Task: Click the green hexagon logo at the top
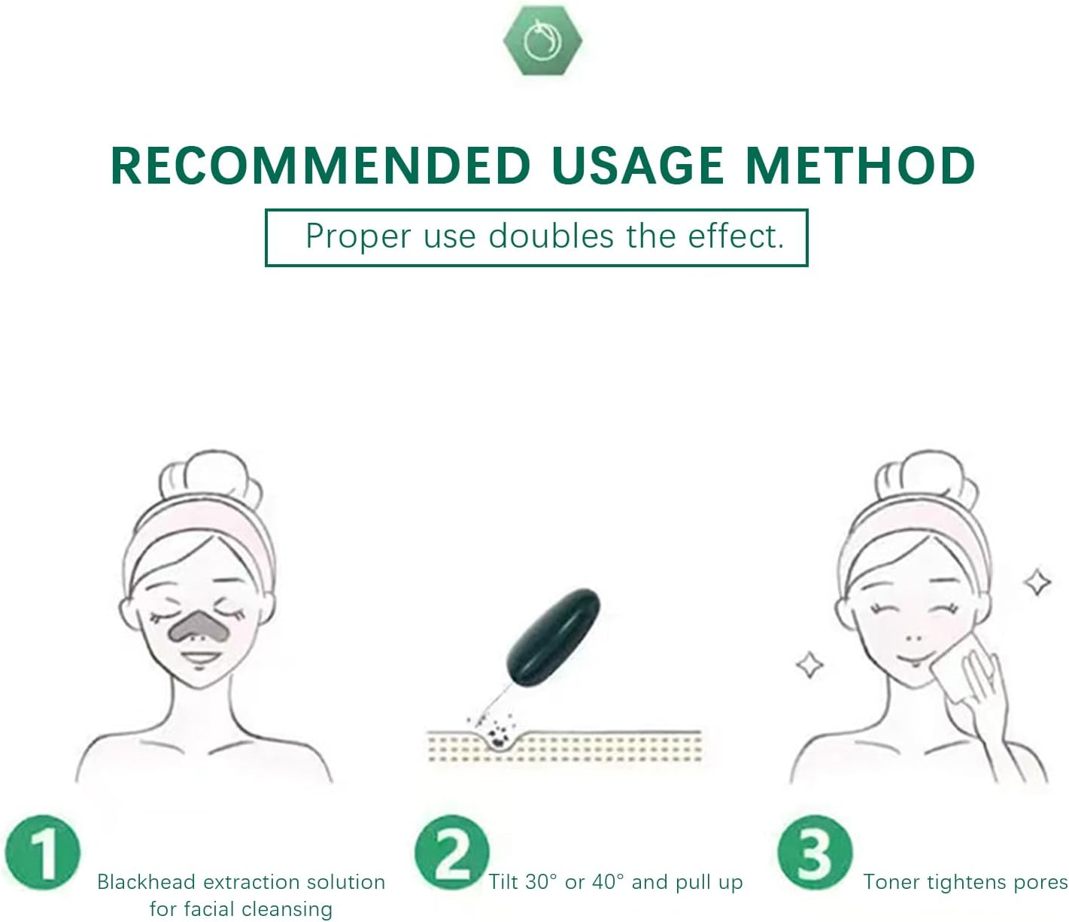pyautogui.click(x=542, y=41)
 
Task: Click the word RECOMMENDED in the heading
pyautogui.click(x=320, y=166)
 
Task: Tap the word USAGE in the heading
pyautogui.click(x=637, y=166)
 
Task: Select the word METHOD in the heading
pyautogui.click(x=860, y=166)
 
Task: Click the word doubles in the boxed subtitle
pyautogui.click(x=551, y=236)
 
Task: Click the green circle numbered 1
pyautogui.click(x=42, y=854)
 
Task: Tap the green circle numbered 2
pyautogui.click(x=451, y=854)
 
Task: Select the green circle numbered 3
pyautogui.click(x=815, y=854)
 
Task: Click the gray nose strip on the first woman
pyautogui.click(x=199, y=624)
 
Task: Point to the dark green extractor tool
pyautogui.click(x=554, y=639)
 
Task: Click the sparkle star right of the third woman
pyautogui.click(x=1038, y=582)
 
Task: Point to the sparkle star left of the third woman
pyautogui.click(x=809, y=665)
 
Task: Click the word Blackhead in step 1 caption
pyautogui.click(x=146, y=882)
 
